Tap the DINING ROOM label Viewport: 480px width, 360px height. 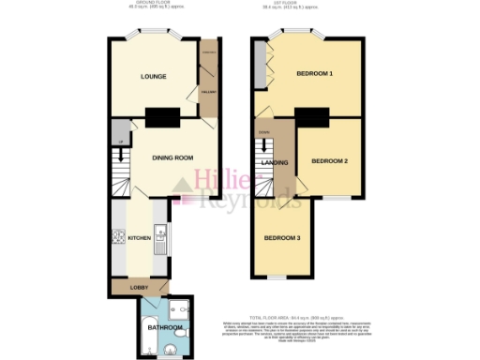tap(173, 157)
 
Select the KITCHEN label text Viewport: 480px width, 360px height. tap(139, 239)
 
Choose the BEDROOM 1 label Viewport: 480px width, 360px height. tap(315, 73)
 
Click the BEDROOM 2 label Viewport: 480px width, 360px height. tap(329, 161)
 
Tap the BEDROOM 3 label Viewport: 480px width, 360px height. tap(282, 237)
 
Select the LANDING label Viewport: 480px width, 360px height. tap(274, 162)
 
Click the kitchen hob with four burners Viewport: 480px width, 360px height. tap(117, 237)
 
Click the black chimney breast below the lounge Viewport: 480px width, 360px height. tap(163, 117)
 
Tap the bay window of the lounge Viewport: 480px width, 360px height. tap(153, 37)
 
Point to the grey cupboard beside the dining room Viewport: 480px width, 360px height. tap(118, 131)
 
